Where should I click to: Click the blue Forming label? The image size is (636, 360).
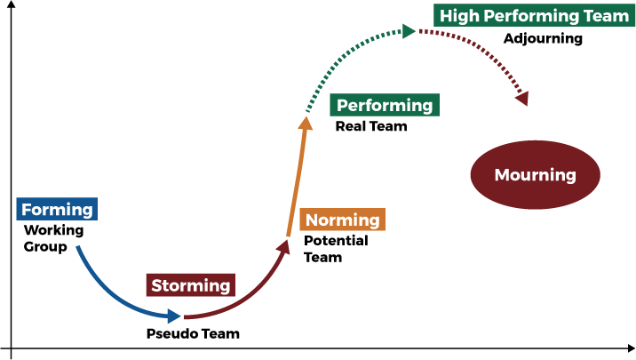click(57, 210)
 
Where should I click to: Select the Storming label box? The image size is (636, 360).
click(190, 285)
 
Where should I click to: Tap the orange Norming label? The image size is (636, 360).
click(342, 220)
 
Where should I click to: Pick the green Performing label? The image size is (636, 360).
click(385, 105)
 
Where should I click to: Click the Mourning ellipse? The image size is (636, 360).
click(535, 175)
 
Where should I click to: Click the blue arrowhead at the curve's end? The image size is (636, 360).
click(175, 316)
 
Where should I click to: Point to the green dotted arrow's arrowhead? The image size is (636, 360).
click(409, 32)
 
